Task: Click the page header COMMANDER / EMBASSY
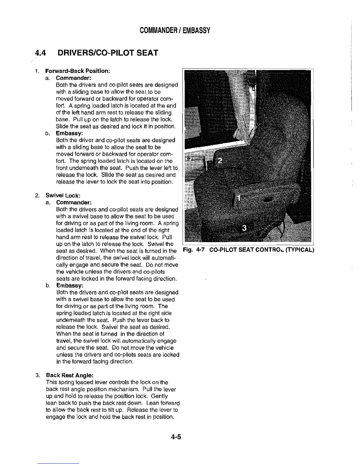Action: pos(175,30)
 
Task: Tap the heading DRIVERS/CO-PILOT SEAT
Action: pos(108,53)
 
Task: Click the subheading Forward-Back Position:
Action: pos(77,71)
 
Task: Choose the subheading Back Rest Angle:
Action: pos(70,375)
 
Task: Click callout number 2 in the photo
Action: pos(220,161)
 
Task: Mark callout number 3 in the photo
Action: pos(244,228)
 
